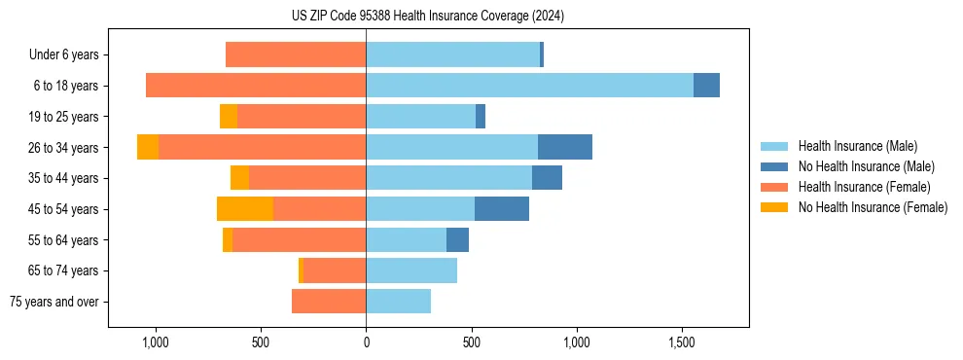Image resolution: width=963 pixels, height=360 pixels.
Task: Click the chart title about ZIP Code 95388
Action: (x=427, y=17)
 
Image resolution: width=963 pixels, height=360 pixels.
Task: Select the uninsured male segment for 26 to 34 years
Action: (x=565, y=147)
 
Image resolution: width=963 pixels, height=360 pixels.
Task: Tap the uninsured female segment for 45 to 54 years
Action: (x=245, y=208)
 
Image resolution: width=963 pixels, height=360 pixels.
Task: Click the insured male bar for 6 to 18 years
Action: (x=529, y=86)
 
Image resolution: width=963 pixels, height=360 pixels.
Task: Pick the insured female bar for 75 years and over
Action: (x=329, y=302)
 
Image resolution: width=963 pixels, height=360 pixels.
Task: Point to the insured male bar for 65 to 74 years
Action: (x=411, y=270)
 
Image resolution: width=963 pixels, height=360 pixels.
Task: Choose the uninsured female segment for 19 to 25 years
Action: (x=229, y=117)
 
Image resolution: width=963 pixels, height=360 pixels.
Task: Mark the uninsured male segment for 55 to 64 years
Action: (x=457, y=239)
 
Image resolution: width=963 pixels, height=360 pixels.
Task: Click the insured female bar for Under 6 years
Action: (x=296, y=54)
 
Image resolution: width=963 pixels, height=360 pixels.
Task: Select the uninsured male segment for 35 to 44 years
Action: (x=547, y=178)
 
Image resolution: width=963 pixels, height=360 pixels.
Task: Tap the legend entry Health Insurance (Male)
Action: (x=857, y=146)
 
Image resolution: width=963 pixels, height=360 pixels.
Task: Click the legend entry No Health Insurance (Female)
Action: (x=873, y=207)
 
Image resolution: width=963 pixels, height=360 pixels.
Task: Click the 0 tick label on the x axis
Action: (x=366, y=342)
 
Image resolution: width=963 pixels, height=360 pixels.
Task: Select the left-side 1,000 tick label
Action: (x=155, y=342)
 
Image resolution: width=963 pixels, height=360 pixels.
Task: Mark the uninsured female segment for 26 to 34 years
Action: (x=148, y=147)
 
